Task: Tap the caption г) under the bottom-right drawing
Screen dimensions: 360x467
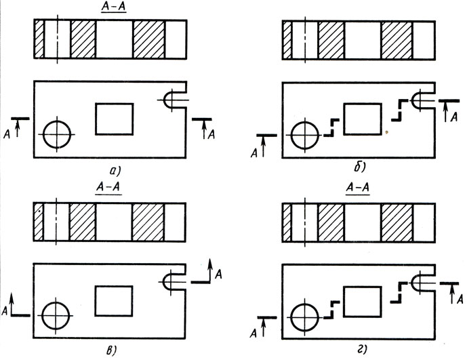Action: click(x=354, y=351)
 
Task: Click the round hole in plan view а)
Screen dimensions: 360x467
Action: click(x=57, y=134)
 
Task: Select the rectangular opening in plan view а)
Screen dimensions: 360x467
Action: click(x=115, y=119)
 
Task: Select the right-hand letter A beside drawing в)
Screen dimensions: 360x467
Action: click(x=218, y=274)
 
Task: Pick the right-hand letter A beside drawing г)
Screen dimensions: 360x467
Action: click(x=460, y=298)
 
